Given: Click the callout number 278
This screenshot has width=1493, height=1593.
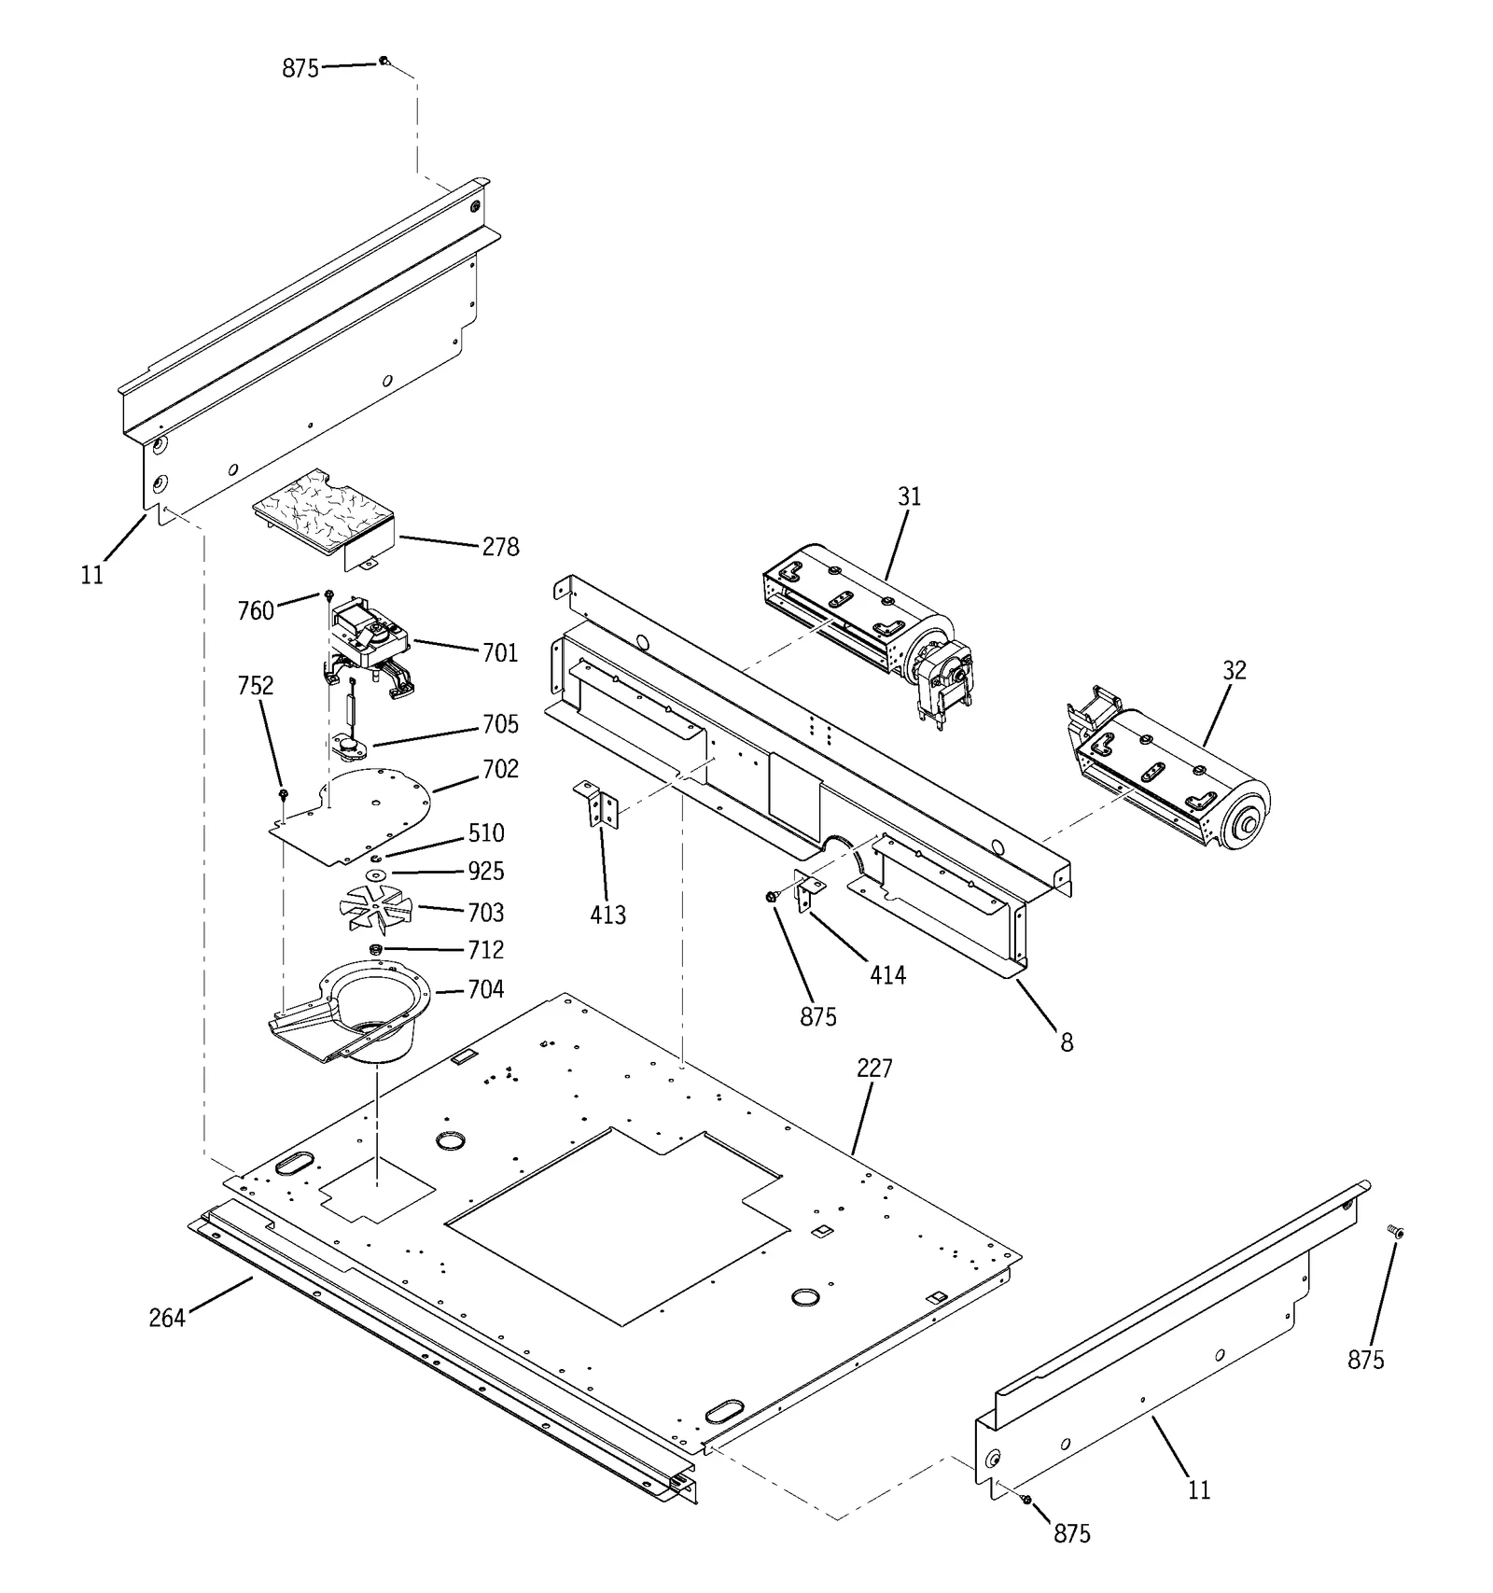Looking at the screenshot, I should [500, 547].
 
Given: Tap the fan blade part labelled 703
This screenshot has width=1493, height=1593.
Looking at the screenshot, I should [373, 907].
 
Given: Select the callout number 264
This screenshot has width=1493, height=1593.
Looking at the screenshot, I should [167, 1318].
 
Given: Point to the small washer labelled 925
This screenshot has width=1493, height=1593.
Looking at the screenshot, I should [375, 874].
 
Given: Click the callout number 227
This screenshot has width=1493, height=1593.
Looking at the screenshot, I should [874, 1069].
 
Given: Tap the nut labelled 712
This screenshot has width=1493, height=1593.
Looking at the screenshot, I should [376, 949].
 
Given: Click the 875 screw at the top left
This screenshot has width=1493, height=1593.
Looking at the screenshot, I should [384, 62].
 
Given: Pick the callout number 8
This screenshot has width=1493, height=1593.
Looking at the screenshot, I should [1067, 1042].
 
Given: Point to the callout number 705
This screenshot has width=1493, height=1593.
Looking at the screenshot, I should [500, 724].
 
